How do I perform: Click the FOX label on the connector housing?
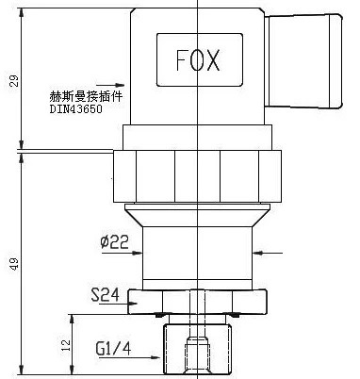198,60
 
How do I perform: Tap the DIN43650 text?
75,109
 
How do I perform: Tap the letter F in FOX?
179,60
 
